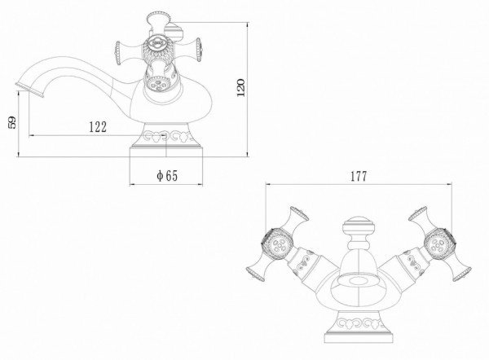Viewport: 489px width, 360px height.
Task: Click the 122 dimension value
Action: (98, 127)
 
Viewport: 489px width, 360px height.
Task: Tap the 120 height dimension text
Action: (240, 88)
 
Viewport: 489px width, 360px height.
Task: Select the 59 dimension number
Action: (12, 122)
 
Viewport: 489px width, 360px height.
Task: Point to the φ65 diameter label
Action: (167, 176)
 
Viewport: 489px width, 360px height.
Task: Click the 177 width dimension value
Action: (359, 177)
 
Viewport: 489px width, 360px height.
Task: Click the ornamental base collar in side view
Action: (166, 135)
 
